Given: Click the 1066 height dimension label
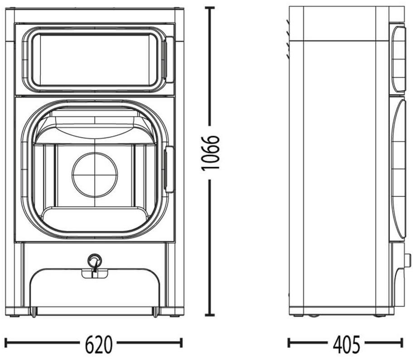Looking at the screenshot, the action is click(210, 153).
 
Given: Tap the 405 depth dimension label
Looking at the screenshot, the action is click(346, 345).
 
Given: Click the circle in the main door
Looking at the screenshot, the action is click(95, 175).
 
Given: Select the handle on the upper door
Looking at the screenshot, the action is click(169, 60).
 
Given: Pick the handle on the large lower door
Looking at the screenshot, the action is click(169, 170).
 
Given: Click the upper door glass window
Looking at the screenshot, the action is click(95, 60).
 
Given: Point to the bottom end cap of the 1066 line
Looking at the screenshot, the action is click(210, 315).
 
